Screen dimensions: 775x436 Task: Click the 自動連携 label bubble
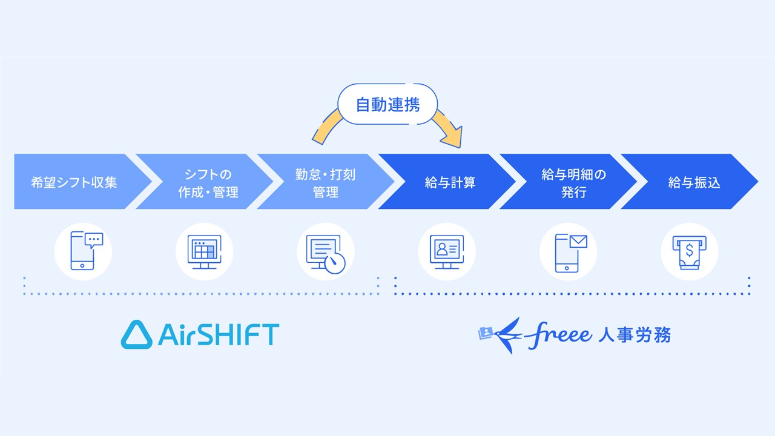pos(387,105)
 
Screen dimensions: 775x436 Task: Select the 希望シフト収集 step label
pos(74,182)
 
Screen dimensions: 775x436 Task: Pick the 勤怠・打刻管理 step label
pos(325,183)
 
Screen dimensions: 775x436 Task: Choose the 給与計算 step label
pos(450,182)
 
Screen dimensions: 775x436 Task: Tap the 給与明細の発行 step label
pos(573,183)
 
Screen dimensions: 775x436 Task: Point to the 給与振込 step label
pos(694,182)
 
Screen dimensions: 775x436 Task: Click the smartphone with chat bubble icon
pos(83,251)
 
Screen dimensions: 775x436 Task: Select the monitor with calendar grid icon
pos(204,251)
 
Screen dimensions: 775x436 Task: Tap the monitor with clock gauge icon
pos(325,253)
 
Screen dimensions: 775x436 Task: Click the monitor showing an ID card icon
pos(446,251)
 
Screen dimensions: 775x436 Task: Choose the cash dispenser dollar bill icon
pos(688,251)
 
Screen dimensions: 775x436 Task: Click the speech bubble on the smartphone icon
pos(94,239)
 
